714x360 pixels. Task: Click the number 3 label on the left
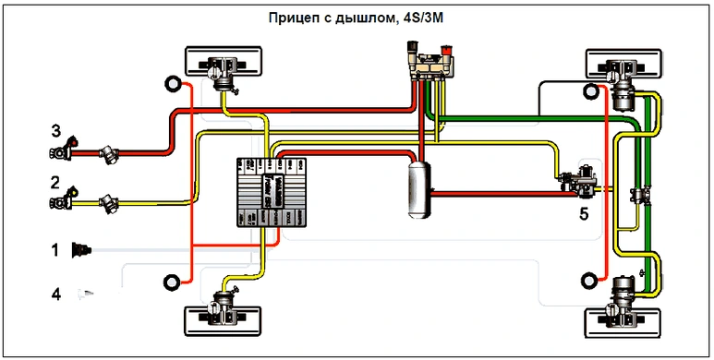(55, 130)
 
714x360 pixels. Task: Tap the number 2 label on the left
(55, 183)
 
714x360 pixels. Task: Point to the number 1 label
(55, 249)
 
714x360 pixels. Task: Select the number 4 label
(55, 294)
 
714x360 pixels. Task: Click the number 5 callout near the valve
(584, 213)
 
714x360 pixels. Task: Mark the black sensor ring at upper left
(171, 85)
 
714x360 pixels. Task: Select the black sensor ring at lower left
(171, 282)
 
